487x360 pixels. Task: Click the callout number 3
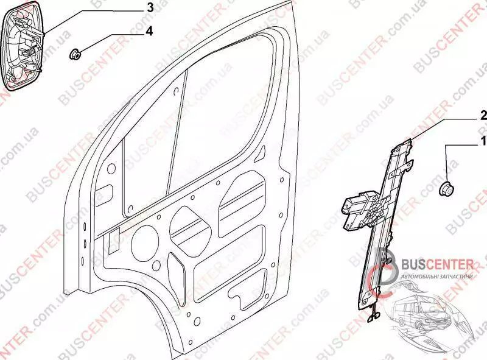[149, 8]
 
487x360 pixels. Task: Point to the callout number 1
[483, 142]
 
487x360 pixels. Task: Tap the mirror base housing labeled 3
[24, 45]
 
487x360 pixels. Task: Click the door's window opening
[201, 122]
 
